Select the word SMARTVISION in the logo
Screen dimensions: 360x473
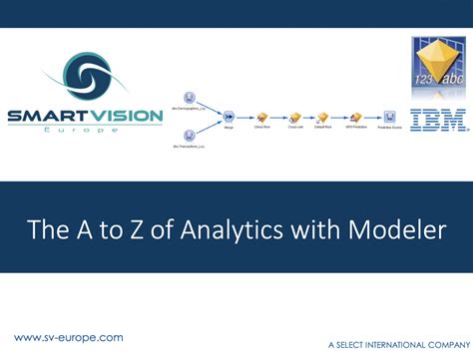point(84,117)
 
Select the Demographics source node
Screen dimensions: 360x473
point(189,97)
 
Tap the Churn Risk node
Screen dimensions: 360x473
point(262,116)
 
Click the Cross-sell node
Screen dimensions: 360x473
point(294,116)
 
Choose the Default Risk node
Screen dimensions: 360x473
point(323,116)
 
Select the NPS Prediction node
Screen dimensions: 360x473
point(355,116)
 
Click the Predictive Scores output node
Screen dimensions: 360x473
point(389,116)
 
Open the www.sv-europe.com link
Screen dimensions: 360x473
point(68,337)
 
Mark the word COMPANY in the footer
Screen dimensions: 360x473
point(446,344)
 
